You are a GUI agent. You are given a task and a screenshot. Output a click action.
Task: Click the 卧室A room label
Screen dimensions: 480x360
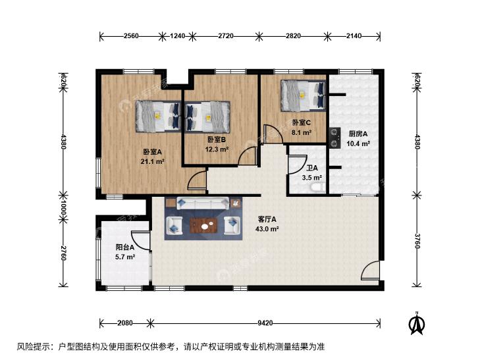[152, 152]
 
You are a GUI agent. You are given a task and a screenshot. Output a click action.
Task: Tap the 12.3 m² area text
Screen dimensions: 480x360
[217, 149]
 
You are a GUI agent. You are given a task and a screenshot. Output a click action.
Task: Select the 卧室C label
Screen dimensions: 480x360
[301, 122]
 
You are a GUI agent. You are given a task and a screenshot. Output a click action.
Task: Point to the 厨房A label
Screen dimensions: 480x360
[358, 134]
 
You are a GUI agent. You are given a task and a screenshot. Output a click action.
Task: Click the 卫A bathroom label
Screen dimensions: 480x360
[312, 168]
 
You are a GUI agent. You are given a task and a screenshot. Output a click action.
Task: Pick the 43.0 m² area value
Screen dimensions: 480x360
[267, 229]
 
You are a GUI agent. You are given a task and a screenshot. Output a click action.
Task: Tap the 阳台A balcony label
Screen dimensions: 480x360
[125, 247]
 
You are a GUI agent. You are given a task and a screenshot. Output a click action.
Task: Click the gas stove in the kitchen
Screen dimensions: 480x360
[335, 138]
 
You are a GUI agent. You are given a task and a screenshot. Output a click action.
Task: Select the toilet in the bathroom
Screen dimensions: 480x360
[317, 187]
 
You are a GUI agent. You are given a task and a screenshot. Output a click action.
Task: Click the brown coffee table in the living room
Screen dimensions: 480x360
[203, 226]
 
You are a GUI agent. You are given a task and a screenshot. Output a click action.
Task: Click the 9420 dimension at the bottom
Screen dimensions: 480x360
[265, 323]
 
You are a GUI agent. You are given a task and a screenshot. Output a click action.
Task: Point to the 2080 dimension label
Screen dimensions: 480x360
[125, 323]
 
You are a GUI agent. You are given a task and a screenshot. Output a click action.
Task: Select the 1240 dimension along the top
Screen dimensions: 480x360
[177, 36]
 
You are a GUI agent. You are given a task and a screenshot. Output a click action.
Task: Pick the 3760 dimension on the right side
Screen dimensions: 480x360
[417, 241]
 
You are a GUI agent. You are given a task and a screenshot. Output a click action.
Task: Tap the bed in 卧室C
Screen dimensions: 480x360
[303, 95]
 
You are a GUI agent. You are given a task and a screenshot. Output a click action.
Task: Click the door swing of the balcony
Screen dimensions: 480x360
[140, 241]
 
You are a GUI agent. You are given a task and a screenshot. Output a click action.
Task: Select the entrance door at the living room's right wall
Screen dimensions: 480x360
[371, 270]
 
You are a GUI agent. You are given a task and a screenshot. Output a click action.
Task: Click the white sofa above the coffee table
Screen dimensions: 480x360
[203, 203]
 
